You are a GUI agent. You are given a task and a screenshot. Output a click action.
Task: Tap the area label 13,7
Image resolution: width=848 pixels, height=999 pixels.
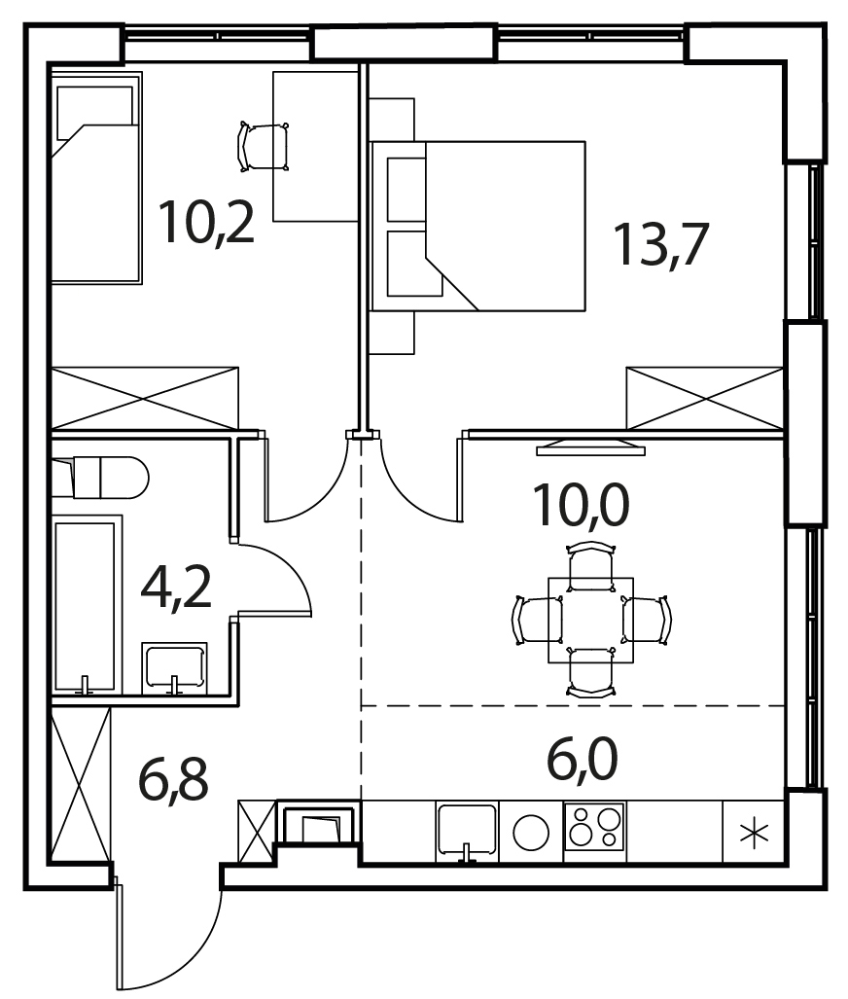click(660, 243)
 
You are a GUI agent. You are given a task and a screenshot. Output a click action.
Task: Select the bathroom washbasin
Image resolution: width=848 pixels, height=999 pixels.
click(174, 667)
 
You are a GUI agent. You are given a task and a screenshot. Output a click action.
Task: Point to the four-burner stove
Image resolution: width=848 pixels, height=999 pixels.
click(595, 826)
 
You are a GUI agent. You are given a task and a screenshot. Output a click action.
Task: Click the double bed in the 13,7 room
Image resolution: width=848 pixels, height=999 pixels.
click(477, 227)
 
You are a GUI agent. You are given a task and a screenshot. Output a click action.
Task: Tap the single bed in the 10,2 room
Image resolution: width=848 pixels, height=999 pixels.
click(96, 178)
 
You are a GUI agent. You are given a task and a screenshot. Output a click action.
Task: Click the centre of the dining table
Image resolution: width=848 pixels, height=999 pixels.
click(591, 621)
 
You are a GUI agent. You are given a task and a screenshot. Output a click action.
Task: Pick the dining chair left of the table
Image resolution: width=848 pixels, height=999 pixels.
click(537, 621)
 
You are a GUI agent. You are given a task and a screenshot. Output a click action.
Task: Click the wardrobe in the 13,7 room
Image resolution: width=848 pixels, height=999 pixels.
click(705, 399)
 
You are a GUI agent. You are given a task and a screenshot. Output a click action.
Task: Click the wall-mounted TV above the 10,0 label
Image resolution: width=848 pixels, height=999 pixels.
click(590, 447)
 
